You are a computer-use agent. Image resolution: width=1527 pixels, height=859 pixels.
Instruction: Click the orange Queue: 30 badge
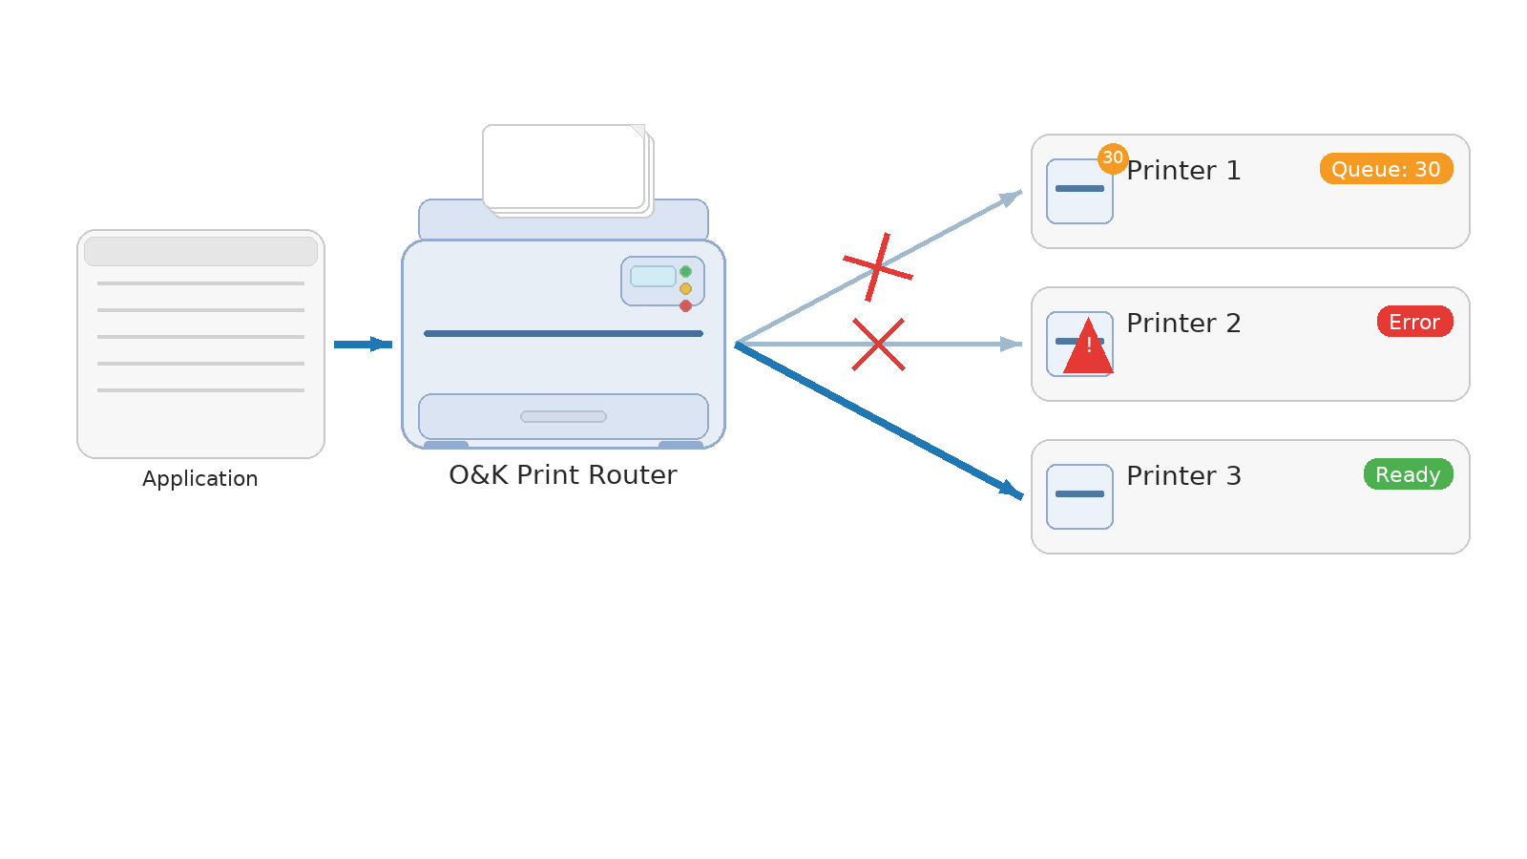[1386, 169]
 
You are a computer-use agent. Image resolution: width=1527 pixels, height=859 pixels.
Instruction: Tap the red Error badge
[1414, 322]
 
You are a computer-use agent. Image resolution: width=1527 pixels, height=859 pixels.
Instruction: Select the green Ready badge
[1408, 474]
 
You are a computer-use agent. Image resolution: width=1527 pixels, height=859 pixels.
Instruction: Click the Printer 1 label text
[1183, 171]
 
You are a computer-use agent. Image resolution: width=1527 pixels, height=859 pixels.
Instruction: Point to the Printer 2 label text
[1183, 324]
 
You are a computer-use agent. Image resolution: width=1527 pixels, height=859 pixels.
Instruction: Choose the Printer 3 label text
[1183, 476]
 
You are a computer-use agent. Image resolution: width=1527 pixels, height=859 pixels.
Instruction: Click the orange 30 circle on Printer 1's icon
[1113, 158]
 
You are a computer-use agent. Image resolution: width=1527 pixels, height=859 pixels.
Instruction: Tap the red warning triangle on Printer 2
[1088, 349]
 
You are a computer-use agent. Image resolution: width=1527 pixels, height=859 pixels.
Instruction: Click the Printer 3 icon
[1079, 496]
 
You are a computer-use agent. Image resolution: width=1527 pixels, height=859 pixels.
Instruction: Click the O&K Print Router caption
[563, 475]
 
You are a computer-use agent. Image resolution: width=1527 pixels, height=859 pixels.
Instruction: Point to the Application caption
[200, 479]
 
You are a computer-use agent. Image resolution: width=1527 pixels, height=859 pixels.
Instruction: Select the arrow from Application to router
[363, 345]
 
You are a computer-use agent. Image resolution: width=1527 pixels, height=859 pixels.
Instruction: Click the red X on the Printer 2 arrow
[878, 345]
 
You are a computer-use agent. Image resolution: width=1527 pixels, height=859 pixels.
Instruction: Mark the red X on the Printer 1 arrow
[878, 268]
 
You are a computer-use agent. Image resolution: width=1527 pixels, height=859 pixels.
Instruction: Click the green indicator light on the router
[685, 272]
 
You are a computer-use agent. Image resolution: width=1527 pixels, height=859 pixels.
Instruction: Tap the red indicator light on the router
[685, 306]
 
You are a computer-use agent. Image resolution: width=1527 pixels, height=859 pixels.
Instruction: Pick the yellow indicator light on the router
[685, 289]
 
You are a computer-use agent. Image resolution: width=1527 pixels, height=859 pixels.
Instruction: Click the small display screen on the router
[653, 277]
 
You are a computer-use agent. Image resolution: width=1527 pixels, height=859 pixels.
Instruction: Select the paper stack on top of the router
[565, 167]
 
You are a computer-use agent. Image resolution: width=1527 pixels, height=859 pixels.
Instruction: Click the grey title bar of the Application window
[200, 251]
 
